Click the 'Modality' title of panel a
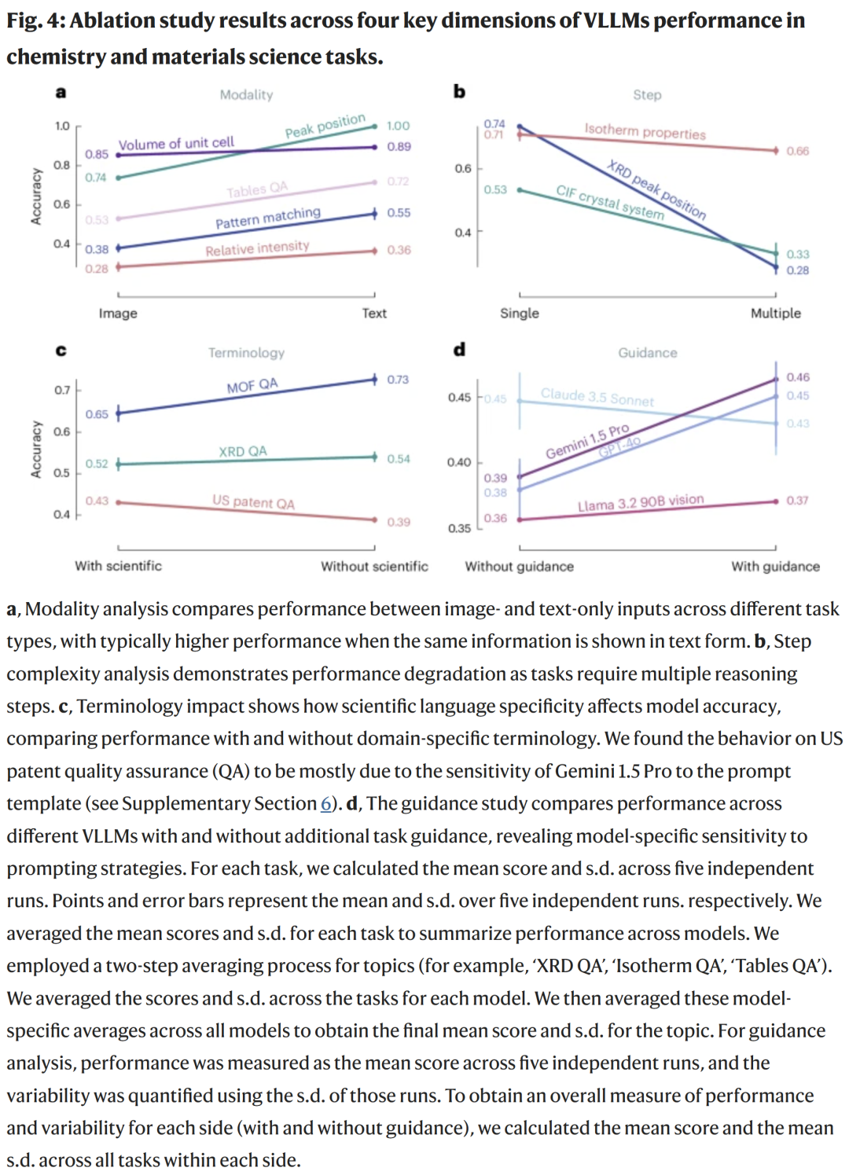(x=246, y=95)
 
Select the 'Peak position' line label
(x=325, y=126)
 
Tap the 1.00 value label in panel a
(x=398, y=126)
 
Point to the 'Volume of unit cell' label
(x=176, y=143)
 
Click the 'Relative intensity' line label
(x=257, y=248)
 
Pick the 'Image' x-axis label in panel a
(x=118, y=313)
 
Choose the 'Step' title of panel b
(x=647, y=95)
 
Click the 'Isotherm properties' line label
(x=645, y=131)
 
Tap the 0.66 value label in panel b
(x=797, y=151)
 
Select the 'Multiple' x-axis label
(x=775, y=313)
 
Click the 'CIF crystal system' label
(x=610, y=202)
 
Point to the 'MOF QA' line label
(x=252, y=385)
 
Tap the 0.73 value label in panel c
(x=398, y=380)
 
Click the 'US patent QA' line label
(x=253, y=501)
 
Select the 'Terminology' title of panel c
(x=246, y=353)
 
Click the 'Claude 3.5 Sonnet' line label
(x=597, y=397)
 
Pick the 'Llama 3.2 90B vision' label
(x=641, y=503)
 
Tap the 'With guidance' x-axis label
(x=775, y=566)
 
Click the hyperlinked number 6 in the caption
(x=325, y=803)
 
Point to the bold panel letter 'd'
(x=459, y=350)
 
